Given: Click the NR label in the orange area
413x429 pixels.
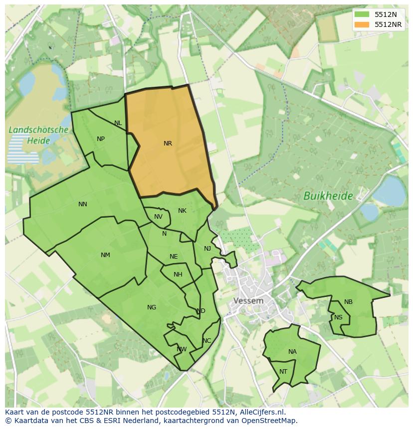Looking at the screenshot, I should [168, 143].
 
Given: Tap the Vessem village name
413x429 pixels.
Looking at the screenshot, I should [248, 301].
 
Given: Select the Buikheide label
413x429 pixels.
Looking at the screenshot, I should [328, 196].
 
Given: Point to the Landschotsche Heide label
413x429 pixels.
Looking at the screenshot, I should [38, 135].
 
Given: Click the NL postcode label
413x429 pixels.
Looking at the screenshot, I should [118, 123].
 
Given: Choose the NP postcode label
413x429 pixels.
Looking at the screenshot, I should [101, 139].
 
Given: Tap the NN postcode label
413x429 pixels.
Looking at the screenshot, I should [83, 204].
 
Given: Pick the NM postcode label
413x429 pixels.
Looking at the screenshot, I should [105, 255].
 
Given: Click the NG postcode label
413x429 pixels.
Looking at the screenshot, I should [152, 307].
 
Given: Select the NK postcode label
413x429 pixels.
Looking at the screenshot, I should [182, 211].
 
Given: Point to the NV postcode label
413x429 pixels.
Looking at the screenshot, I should [158, 217].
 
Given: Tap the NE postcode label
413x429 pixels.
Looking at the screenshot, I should [174, 257].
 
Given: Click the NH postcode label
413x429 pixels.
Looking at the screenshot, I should [178, 275].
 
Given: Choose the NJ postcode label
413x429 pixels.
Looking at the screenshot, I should [207, 249].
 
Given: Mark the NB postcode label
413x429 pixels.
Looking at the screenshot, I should [348, 302].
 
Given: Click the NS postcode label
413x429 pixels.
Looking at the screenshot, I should [338, 317].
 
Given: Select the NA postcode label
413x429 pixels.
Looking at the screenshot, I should [292, 352].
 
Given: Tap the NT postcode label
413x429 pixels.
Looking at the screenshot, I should [283, 372].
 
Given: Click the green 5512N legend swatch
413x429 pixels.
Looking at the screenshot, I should [362, 14].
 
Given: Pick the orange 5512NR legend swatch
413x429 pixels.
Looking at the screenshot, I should [362, 24].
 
